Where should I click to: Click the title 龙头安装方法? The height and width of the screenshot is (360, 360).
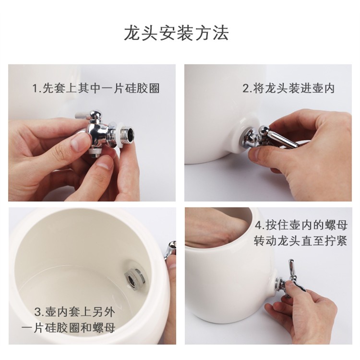(x=176, y=33)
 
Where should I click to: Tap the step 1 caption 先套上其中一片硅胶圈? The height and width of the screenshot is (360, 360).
(x=101, y=88)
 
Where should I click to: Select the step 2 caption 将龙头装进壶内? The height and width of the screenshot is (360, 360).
(x=294, y=88)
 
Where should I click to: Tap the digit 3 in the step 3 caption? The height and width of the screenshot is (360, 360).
(x=37, y=312)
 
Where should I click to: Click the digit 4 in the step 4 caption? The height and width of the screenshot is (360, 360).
(x=259, y=225)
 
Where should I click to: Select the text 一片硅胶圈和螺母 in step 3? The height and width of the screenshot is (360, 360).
(x=69, y=328)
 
